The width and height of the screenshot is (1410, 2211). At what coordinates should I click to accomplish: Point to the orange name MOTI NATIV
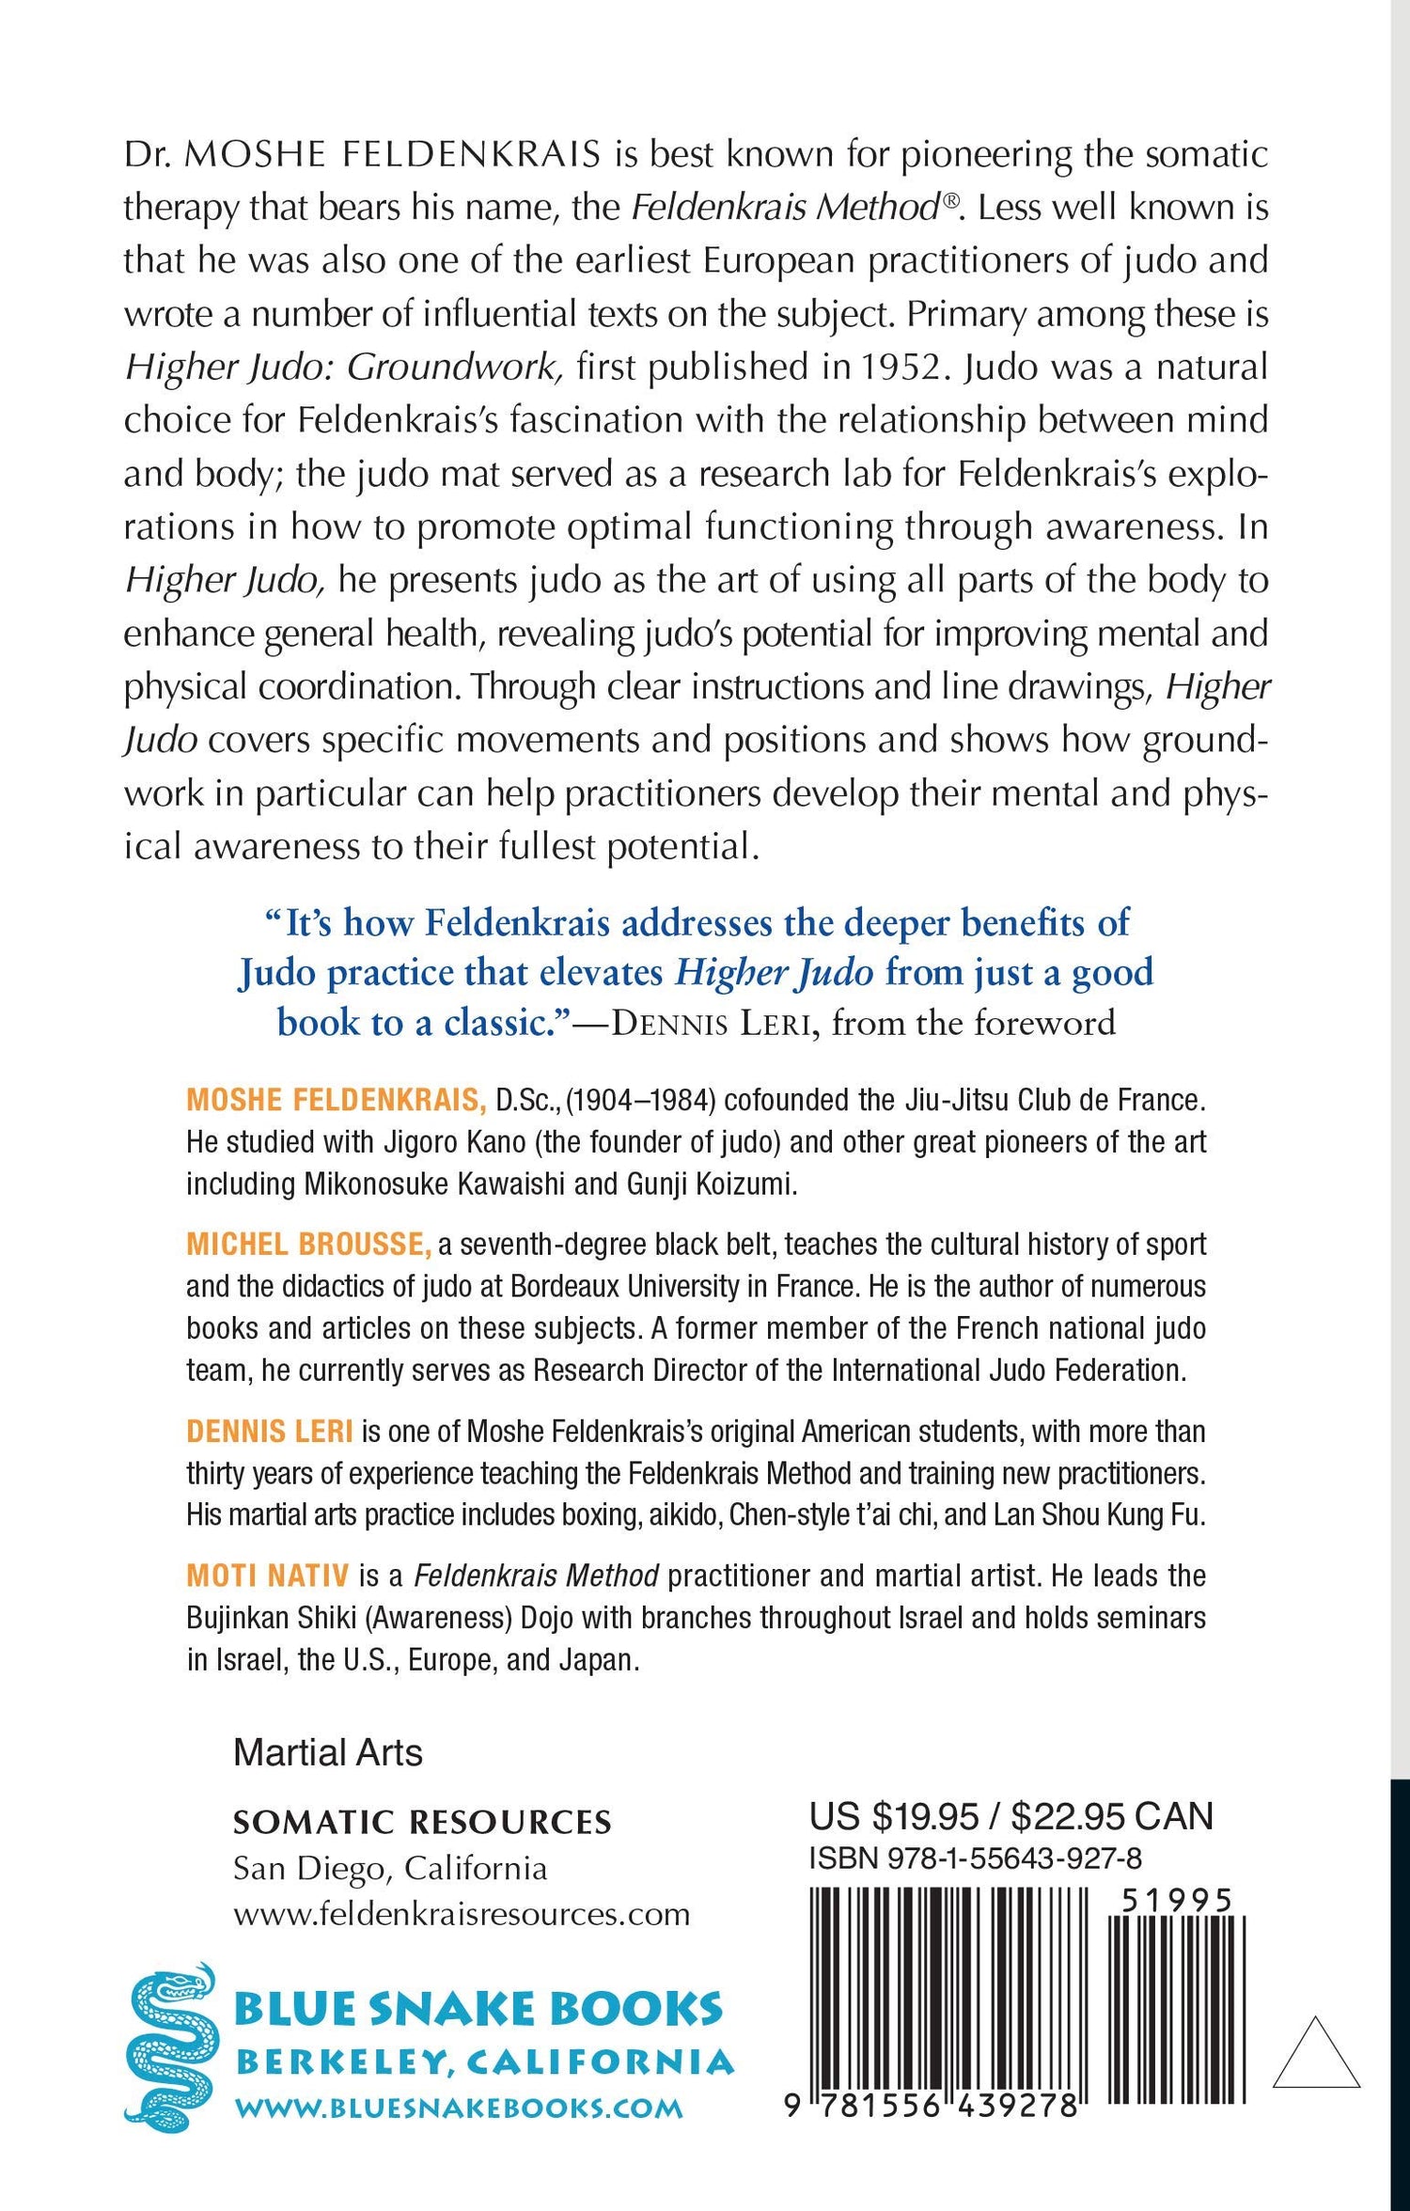tap(268, 1575)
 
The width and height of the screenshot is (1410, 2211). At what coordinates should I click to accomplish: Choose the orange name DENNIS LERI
tap(270, 1431)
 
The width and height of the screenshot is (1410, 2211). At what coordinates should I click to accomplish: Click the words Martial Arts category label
tap(328, 1752)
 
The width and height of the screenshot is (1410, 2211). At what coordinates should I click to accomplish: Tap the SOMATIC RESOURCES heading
tap(422, 1823)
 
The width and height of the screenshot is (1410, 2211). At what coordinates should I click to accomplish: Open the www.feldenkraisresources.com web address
tap(462, 1913)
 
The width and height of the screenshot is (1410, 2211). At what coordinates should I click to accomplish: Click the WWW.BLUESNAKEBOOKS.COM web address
tap(459, 2108)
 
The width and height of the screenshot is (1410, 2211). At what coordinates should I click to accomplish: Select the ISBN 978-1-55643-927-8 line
tap(976, 1858)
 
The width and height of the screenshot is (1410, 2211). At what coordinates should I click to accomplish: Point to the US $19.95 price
tap(894, 1817)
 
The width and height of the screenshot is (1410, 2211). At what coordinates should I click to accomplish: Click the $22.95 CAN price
tap(1112, 1817)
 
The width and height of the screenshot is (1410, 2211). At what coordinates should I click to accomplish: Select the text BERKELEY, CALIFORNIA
tap(484, 2062)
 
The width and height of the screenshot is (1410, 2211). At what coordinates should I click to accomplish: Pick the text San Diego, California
tap(390, 1868)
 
